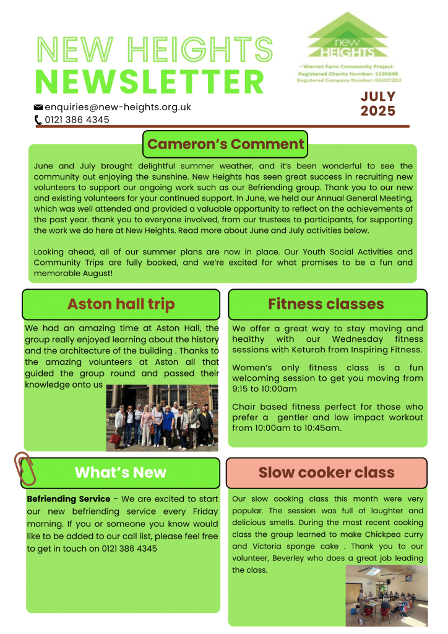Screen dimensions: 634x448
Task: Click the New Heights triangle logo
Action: pyautogui.click(x=348, y=35)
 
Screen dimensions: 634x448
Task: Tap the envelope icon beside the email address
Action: pyautogui.click(x=38, y=107)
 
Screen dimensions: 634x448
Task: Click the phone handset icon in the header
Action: pyautogui.click(x=38, y=120)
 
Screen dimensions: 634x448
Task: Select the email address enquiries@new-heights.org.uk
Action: pyautogui.click(x=118, y=107)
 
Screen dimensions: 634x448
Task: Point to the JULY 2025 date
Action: pyautogui.click(x=377, y=104)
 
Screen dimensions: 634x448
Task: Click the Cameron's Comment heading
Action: pyautogui.click(x=225, y=144)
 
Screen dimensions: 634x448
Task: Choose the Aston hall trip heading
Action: pyautogui.click(x=121, y=304)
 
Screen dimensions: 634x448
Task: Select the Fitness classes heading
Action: pyautogui.click(x=326, y=304)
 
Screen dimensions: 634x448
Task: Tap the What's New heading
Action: pyautogui.click(x=121, y=472)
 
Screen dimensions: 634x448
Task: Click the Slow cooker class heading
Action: pyautogui.click(x=326, y=472)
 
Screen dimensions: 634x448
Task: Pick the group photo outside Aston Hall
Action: pyautogui.click(x=162, y=417)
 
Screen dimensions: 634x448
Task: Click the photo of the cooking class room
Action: pyautogui.click(x=386, y=596)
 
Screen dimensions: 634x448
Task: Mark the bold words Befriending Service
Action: pyautogui.click(x=68, y=499)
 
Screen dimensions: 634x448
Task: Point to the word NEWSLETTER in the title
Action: pyautogui.click(x=150, y=82)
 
